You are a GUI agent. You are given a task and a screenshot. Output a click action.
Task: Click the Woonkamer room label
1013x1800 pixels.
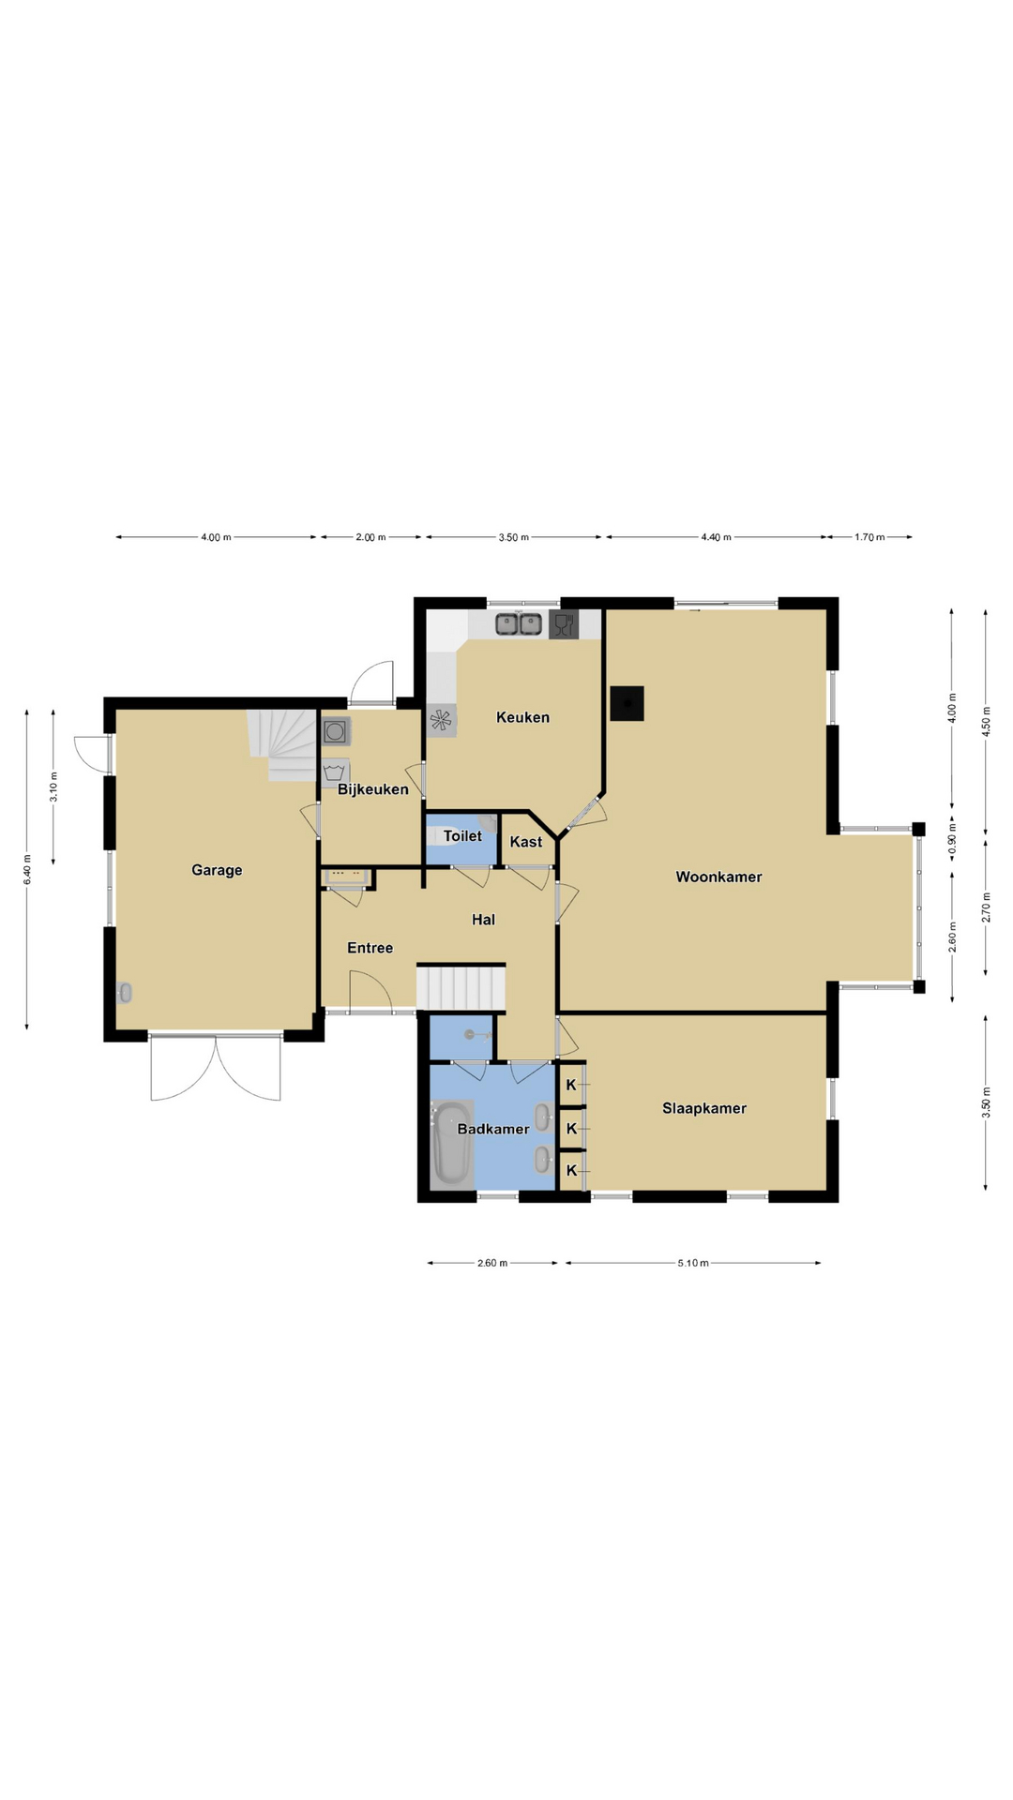(718, 877)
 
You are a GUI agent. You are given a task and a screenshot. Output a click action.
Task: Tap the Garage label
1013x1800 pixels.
(217, 870)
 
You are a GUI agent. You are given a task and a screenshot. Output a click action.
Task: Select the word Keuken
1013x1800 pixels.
(522, 717)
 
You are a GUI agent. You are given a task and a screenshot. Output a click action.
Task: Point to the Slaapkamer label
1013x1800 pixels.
(704, 1108)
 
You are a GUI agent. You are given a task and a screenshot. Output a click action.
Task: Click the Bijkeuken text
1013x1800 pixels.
(373, 789)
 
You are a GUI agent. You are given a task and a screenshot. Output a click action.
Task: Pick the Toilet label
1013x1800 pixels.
(462, 835)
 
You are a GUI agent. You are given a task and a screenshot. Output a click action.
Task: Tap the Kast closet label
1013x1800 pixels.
(526, 842)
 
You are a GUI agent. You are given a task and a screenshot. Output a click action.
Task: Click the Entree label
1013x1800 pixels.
(370, 948)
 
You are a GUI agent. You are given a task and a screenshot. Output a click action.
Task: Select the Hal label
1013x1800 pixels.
(483, 920)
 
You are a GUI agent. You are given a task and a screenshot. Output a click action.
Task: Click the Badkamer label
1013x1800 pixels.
(493, 1129)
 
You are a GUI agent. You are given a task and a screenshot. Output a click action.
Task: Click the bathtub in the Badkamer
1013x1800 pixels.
(452, 1143)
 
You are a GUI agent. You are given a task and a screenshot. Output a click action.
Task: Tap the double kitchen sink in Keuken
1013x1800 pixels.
(519, 623)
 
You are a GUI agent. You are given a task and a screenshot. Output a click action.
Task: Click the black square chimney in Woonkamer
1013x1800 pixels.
(627, 703)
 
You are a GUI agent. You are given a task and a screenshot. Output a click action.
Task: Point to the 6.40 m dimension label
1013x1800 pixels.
(27, 870)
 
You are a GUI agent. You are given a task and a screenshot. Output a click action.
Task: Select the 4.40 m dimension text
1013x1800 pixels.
(716, 537)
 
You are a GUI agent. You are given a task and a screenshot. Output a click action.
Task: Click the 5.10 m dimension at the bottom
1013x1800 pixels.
(693, 1263)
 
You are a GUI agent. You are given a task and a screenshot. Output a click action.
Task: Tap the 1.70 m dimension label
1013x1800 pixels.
(869, 537)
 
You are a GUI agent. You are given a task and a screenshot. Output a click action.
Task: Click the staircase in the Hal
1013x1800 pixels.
(461, 986)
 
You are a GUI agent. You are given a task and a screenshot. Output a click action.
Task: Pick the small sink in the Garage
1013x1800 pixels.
(125, 993)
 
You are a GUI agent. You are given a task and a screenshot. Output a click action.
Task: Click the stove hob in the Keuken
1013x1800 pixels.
(441, 720)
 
